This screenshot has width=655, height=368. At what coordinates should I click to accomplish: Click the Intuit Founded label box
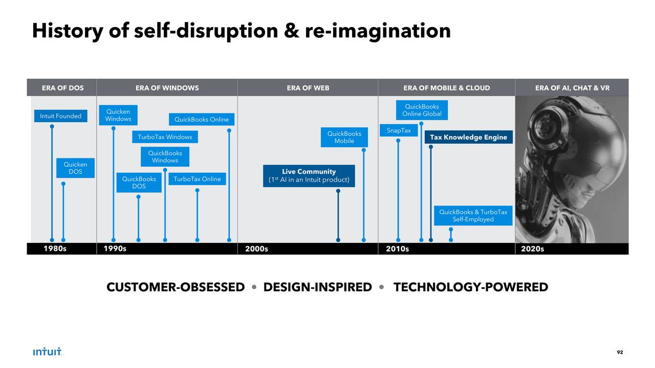[61, 117]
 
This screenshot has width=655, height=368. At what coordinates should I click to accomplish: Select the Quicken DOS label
[75, 168]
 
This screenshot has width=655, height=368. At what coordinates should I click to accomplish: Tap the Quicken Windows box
[118, 116]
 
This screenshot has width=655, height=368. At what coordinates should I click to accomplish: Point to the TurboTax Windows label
[165, 137]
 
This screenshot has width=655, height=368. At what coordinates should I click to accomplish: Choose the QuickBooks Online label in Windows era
[202, 120]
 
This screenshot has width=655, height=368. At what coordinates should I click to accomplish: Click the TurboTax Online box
[197, 179]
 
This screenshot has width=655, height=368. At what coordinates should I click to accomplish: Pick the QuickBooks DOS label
[139, 182]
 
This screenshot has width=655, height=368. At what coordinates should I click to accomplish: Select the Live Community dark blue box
[309, 175]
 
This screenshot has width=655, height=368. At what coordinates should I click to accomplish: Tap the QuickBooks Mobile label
[344, 137]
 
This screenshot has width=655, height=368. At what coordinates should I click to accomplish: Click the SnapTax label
[399, 131]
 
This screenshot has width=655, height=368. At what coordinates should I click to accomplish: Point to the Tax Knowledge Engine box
[468, 137]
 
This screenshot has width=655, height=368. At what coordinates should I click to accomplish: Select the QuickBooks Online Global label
[422, 110]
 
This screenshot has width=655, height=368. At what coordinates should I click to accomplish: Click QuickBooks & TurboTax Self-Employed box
[473, 216]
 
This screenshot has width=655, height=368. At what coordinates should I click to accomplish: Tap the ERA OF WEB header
[308, 88]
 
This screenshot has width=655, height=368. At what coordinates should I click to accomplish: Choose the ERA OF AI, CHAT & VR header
[572, 88]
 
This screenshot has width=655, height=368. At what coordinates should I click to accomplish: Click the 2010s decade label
[398, 249]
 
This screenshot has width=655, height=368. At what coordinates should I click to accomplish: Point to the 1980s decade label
[55, 249]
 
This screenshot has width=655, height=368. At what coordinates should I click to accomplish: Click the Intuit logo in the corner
[47, 352]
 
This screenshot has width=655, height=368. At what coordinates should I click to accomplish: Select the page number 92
[620, 352]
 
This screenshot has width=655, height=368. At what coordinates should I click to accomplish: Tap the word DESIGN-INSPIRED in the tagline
[317, 287]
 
